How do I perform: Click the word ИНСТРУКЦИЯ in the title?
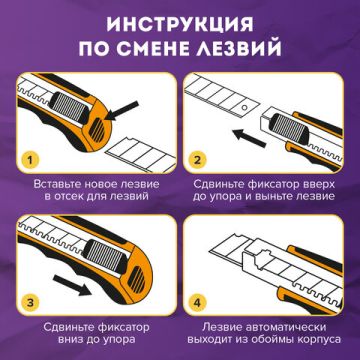tap(180, 22)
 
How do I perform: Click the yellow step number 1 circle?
tap(32, 159)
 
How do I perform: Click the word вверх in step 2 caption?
tap(318, 185)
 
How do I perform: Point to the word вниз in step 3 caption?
tap(64, 340)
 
